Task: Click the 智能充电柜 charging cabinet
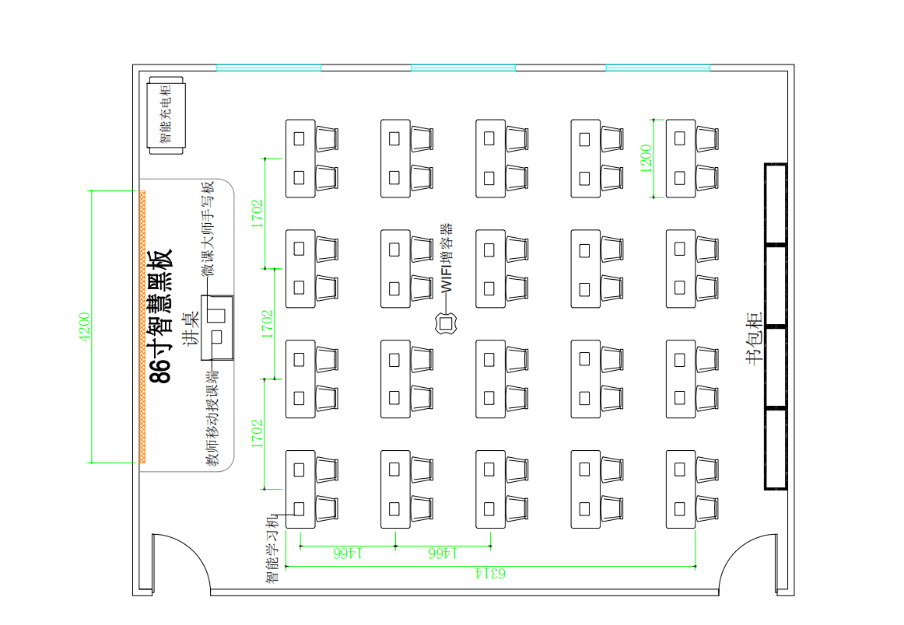coord(166,114)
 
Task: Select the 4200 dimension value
coord(85,326)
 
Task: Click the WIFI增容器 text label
coord(446,258)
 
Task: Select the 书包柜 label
coord(754,339)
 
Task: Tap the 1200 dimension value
coord(646,159)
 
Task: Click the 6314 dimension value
coord(491,574)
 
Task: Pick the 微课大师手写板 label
coord(207,229)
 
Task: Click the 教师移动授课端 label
coord(212,417)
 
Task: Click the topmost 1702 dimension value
coord(257,213)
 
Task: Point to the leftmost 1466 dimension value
coord(348,553)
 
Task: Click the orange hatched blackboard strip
coord(142,326)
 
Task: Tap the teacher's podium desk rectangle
coord(218,327)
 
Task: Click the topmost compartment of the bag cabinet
coord(776,204)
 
